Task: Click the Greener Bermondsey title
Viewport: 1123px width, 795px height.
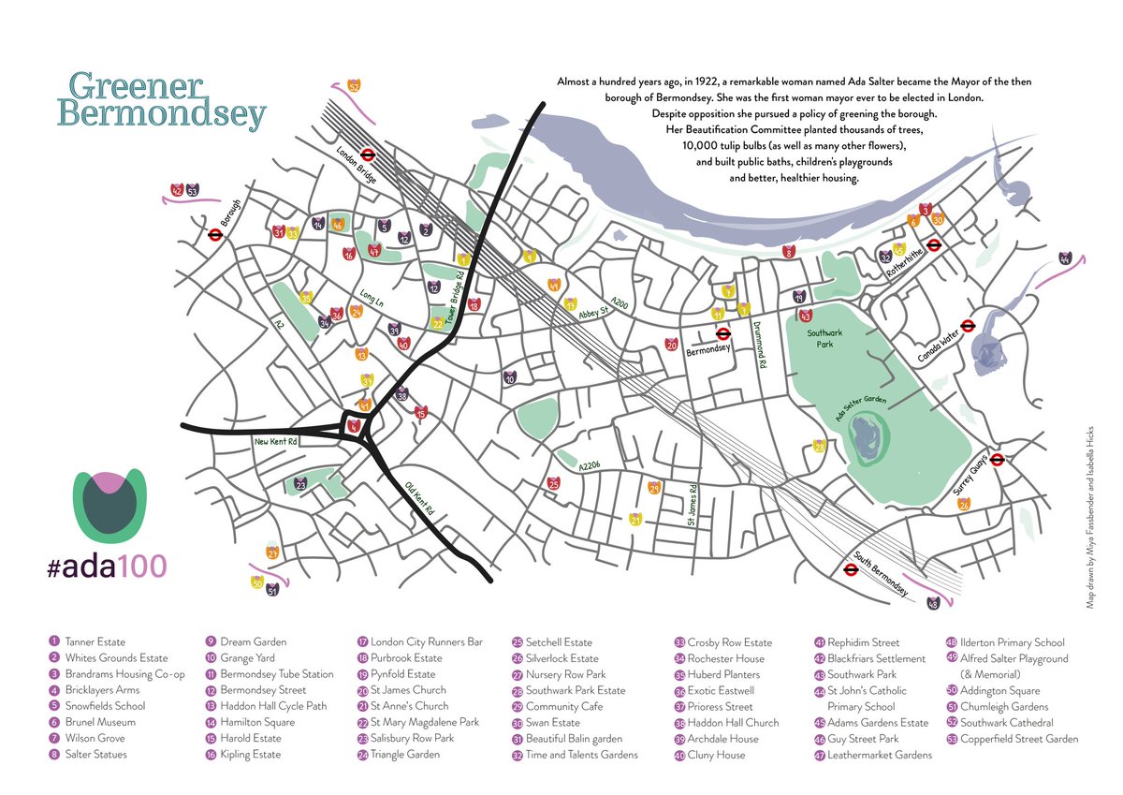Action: pyautogui.click(x=161, y=100)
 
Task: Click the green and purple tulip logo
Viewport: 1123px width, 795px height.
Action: pyautogui.click(x=109, y=506)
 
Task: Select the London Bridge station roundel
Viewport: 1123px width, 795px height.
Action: pyautogui.click(x=368, y=156)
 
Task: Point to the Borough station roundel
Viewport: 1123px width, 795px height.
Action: pyautogui.click(x=214, y=237)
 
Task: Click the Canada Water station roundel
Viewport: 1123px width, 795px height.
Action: pyautogui.click(x=970, y=327)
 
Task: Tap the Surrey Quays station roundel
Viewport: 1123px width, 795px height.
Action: pyautogui.click(x=998, y=459)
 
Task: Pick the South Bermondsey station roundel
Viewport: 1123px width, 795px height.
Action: pyautogui.click(x=851, y=568)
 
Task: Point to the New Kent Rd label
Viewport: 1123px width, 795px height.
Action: pyautogui.click(x=274, y=440)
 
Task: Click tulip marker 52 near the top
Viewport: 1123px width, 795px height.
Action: pyautogui.click(x=354, y=86)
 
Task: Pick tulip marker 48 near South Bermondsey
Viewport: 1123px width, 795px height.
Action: pyautogui.click(x=932, y=603)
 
